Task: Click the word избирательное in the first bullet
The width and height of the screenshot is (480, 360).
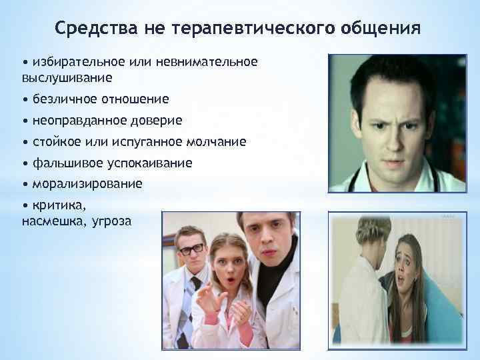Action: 75,62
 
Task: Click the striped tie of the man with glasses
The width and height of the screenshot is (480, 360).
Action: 195,293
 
